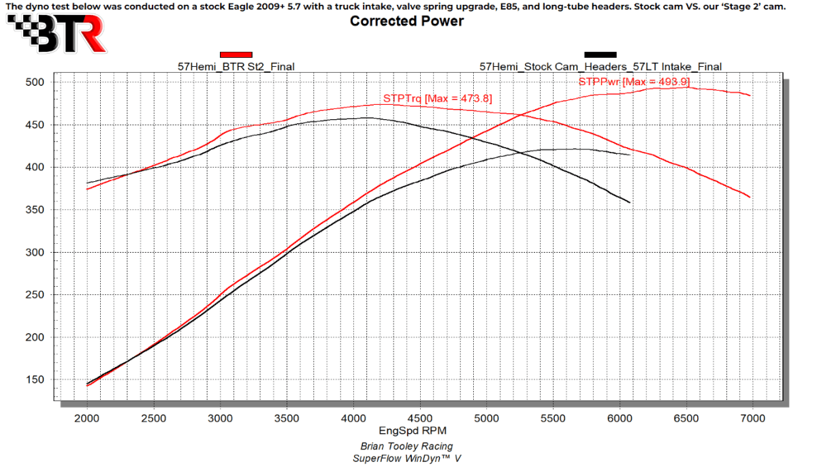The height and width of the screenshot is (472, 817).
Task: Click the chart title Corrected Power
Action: point(406,21)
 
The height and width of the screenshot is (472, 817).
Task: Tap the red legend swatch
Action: point(236,54)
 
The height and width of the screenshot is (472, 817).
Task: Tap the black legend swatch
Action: point(600,54)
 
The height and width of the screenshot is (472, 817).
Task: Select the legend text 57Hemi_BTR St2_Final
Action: point(236,67)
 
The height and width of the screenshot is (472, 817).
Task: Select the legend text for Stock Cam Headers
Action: point(600,67)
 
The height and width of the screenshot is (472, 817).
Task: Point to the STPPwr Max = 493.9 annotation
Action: point(634,82)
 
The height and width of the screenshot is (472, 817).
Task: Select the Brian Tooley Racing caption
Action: point(406,446)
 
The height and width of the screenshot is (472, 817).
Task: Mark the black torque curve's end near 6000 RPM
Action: point(630,202)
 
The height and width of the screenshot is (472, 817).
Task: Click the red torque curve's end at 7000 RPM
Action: point(750,198)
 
